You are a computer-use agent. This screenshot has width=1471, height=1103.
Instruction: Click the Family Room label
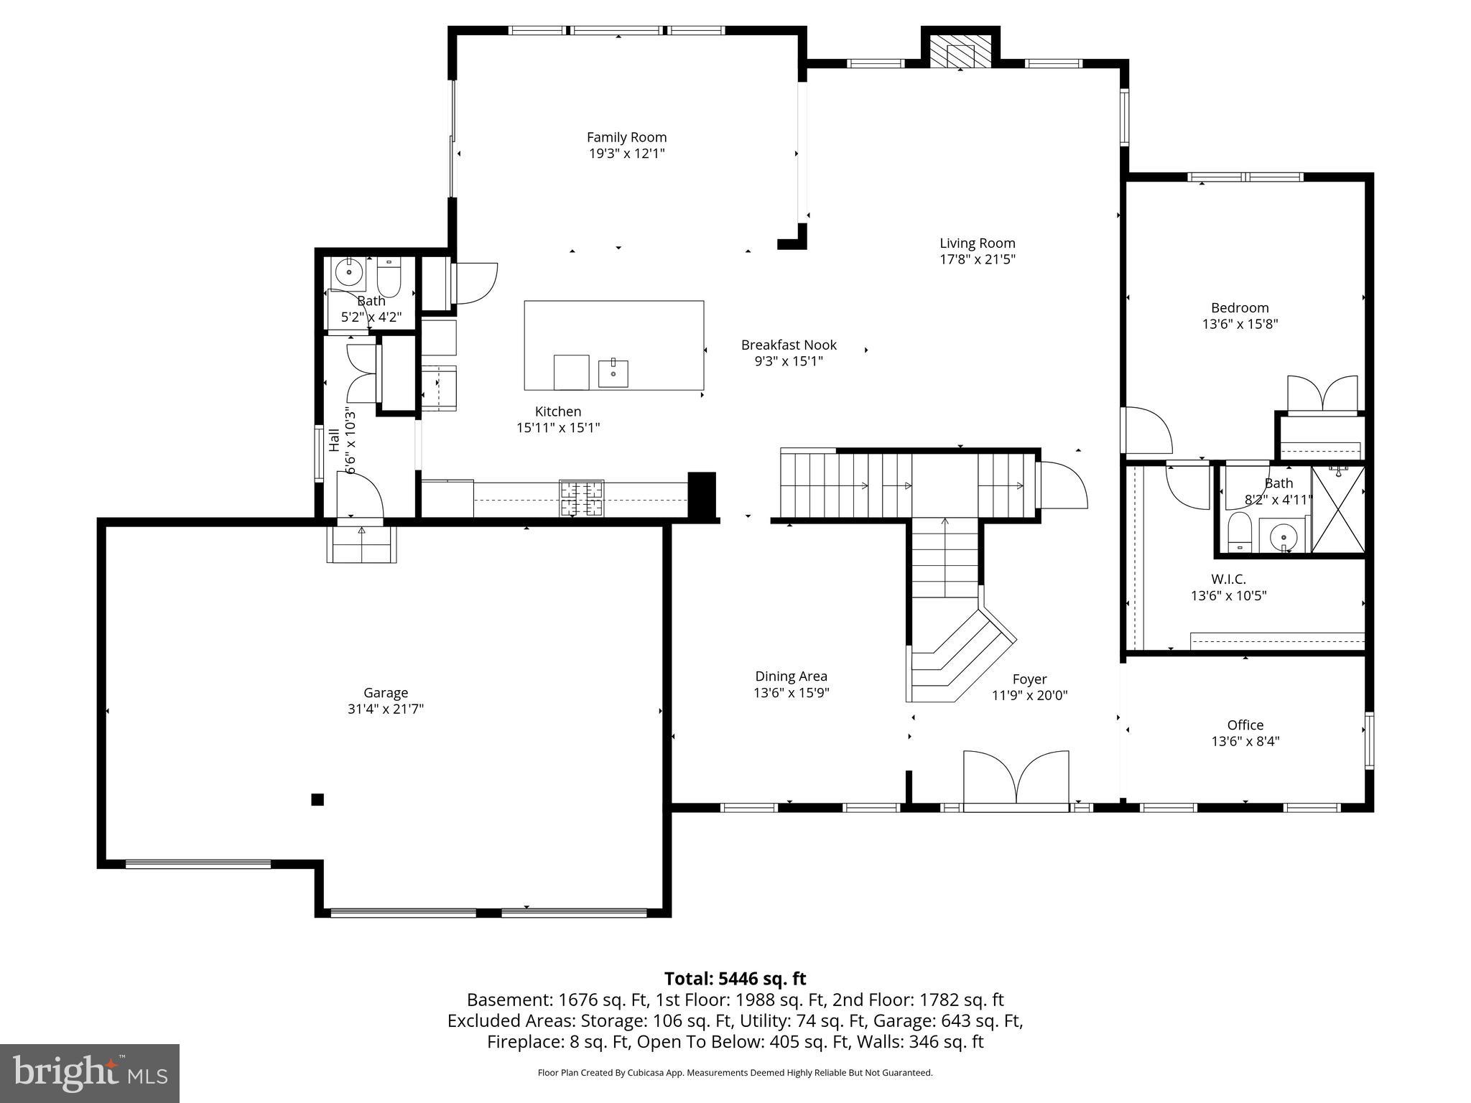tap(626, 137)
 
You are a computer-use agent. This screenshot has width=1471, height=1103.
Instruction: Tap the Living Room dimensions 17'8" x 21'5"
tap(978, 259)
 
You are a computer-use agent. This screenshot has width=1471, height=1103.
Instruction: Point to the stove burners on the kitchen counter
tap(583, 498)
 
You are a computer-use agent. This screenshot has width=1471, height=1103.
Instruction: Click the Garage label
tap(386, 692)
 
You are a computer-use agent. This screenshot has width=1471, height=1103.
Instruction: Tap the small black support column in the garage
tap(317, 799)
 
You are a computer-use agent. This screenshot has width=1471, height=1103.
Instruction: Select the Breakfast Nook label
tap(789, 345)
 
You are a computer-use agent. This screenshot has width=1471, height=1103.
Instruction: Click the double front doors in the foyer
tap(1016, 778)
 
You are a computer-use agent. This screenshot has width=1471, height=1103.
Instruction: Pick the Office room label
tap(1245, 725)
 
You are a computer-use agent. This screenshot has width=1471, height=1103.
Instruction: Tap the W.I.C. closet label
tap(1228, 579)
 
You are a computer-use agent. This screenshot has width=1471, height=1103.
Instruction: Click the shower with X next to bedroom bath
tap(1338, 509)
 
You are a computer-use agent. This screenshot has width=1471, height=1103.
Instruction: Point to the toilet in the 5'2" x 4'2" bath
tap(389, 280)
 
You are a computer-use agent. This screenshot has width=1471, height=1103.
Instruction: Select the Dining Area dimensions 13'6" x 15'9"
tap(792, 693)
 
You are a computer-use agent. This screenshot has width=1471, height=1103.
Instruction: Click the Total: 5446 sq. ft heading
tap(735, 979)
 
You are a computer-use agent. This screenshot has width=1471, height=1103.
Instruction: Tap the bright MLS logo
tap(90, 1073)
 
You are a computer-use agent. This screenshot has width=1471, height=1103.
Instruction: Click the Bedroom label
tap(1240, 307)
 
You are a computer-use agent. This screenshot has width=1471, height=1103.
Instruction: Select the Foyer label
tap(1029, 679)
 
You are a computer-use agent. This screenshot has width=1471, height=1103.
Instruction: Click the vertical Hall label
tap(334, 440)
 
